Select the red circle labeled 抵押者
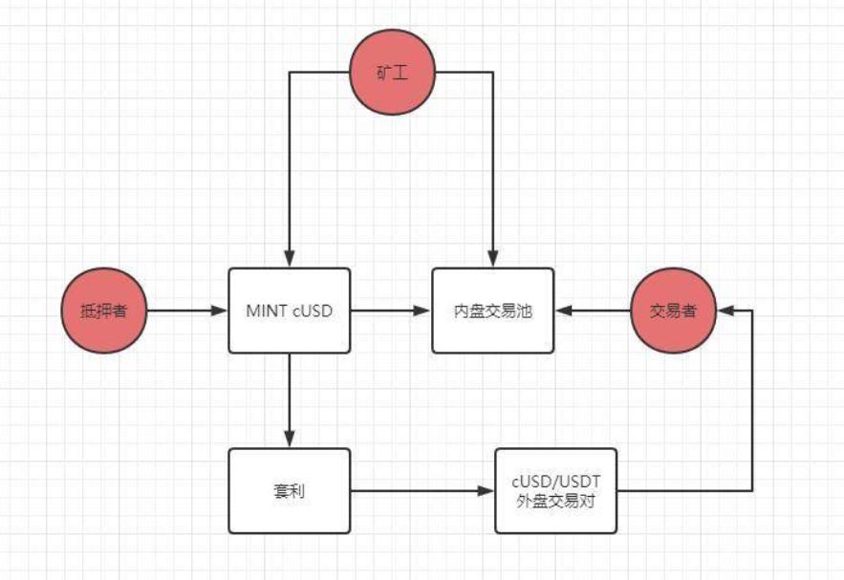click(102, 311)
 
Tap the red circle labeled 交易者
click(674, 311)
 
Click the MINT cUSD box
click(289, 311)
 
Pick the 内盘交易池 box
click(492, 311)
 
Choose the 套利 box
click(289, 491)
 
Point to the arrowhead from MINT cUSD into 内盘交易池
click(423, 311)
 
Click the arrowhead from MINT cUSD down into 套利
click(289, 439)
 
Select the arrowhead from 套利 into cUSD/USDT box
click(487, 492)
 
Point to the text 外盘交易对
click(555, 500)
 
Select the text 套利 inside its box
click(289, 492)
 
